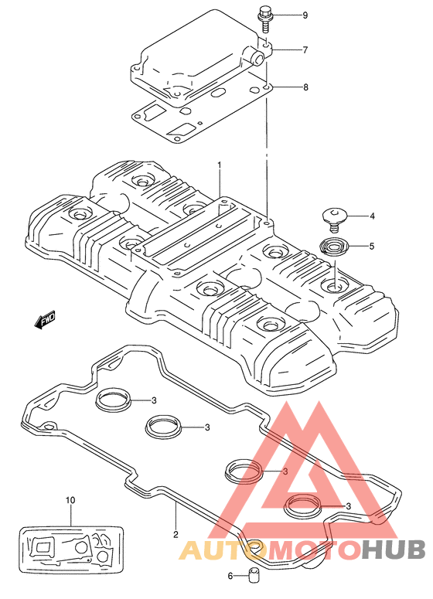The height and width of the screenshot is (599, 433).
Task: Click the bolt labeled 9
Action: point(264,19)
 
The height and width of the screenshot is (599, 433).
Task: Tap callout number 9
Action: point(305,15)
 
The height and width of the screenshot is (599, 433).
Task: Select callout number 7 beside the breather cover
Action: point(305,49)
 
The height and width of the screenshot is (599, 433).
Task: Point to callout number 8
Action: point(305,87)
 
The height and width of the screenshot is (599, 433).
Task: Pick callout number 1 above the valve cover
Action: point(220,165)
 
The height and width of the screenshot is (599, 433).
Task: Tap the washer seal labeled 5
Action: point(333,247)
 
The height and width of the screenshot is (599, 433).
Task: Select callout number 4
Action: point(372,216)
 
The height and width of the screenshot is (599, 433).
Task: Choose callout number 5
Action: point(371,247)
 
